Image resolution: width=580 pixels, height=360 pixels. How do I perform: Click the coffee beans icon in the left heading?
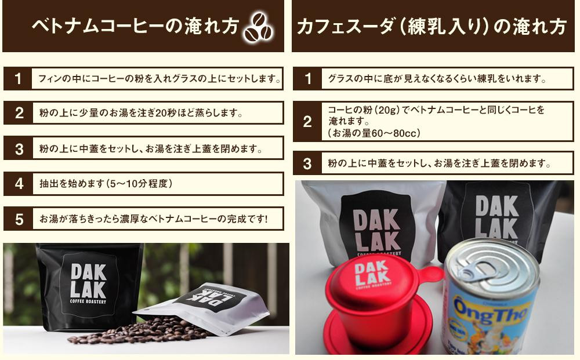[x=259, y=27]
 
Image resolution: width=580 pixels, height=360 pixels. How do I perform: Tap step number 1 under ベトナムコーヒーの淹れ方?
[x=18, y=79]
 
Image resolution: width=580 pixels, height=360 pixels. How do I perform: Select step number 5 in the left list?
[x=19, y=220]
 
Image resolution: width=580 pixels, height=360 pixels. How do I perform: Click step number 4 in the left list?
[x=19, y=184]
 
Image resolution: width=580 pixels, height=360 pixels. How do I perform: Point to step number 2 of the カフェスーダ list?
[x=307, y=122]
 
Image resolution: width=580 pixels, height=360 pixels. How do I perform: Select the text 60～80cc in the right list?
[x=394, y=133]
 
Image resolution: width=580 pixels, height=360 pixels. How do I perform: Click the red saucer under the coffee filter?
[x=378, y=334]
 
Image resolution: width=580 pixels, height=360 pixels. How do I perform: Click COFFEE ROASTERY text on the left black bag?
[x=88, y=301]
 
